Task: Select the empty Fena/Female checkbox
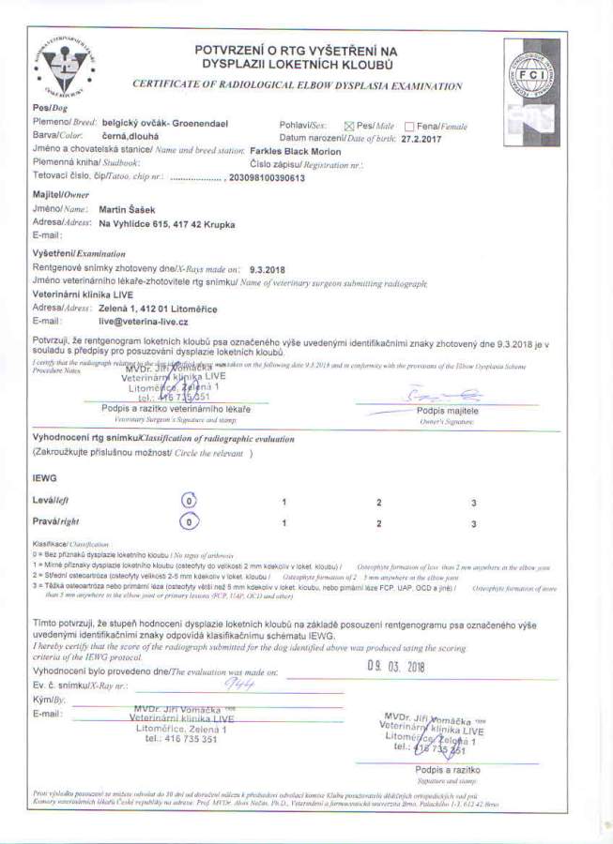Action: click(x=409, y=126)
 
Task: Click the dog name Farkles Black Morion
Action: click(x=297, y=151)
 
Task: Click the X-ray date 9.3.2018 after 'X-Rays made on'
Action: click(x=268, y=269)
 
